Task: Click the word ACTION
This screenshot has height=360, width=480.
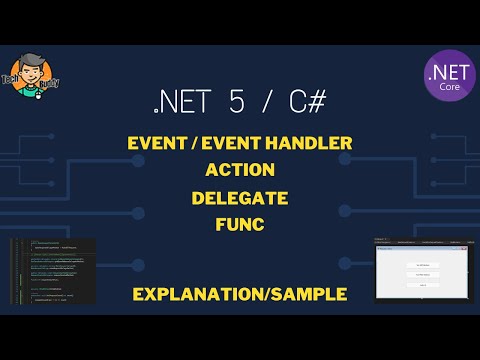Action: [x=239, y=170]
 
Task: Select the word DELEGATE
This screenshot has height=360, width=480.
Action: [x=239, y=198]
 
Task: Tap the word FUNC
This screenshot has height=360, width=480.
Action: [x=239, y=225]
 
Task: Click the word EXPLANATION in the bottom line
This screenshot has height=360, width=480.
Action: [x=194, y=294]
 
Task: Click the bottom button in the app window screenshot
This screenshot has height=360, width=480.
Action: [x=422, y=285]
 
